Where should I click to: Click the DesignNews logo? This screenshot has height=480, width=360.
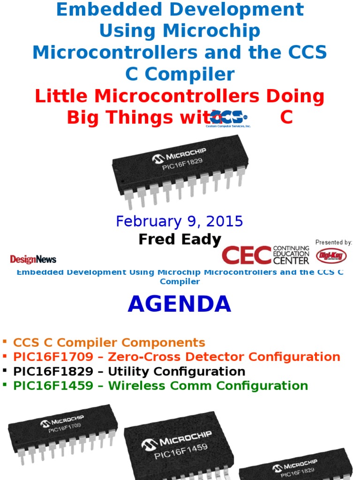33,259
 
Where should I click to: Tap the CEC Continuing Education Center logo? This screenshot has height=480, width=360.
265,255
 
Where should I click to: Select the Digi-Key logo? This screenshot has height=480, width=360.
331,256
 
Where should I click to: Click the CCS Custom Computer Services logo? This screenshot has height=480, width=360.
228,119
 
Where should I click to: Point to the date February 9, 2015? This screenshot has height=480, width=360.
180,221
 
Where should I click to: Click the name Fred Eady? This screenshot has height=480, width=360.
180,240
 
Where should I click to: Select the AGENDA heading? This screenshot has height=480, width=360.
180,304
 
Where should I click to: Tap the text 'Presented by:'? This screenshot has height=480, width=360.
334,242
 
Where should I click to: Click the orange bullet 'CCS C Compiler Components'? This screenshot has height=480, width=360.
109,343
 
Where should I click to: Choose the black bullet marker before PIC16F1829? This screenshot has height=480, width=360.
5,371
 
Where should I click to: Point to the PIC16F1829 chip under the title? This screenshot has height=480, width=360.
180,169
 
